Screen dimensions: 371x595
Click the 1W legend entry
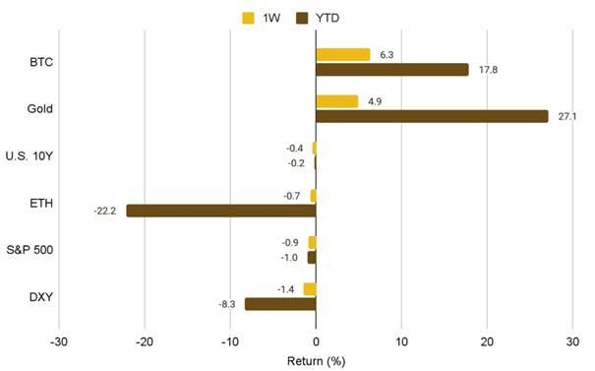coord(259,17)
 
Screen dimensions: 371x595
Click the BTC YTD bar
coord(391,69)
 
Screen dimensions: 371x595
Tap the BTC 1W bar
coord(342,54)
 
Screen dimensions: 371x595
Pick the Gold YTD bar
coord(432,116)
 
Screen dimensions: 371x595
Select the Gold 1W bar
coord(336,101)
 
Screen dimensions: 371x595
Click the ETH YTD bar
coord(221,211)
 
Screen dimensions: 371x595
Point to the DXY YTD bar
coord(280,304)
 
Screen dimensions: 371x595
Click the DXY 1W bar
coord(310,289)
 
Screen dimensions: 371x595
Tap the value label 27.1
coord(564,116)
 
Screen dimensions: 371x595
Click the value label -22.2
coord(106,211)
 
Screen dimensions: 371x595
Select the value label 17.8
coord(485,69)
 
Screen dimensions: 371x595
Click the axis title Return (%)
coord(316,360)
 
